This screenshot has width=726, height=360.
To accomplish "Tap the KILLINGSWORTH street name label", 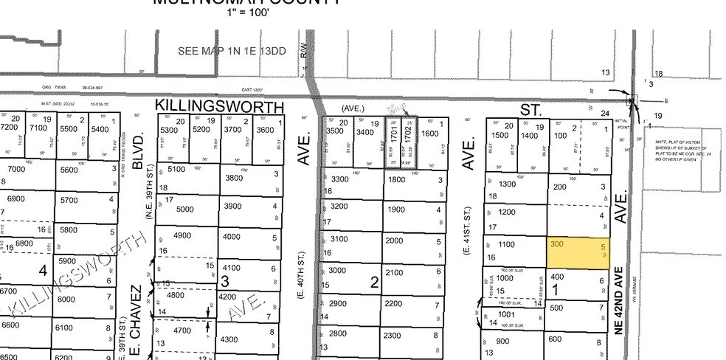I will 219,107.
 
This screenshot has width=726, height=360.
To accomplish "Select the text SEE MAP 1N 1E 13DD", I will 232,51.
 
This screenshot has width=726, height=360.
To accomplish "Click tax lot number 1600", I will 429,134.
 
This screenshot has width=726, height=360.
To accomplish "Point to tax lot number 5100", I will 176,168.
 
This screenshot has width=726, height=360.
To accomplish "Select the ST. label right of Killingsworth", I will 530,109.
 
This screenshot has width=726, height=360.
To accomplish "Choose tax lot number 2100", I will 395,273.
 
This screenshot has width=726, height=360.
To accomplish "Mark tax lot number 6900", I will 16,199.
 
